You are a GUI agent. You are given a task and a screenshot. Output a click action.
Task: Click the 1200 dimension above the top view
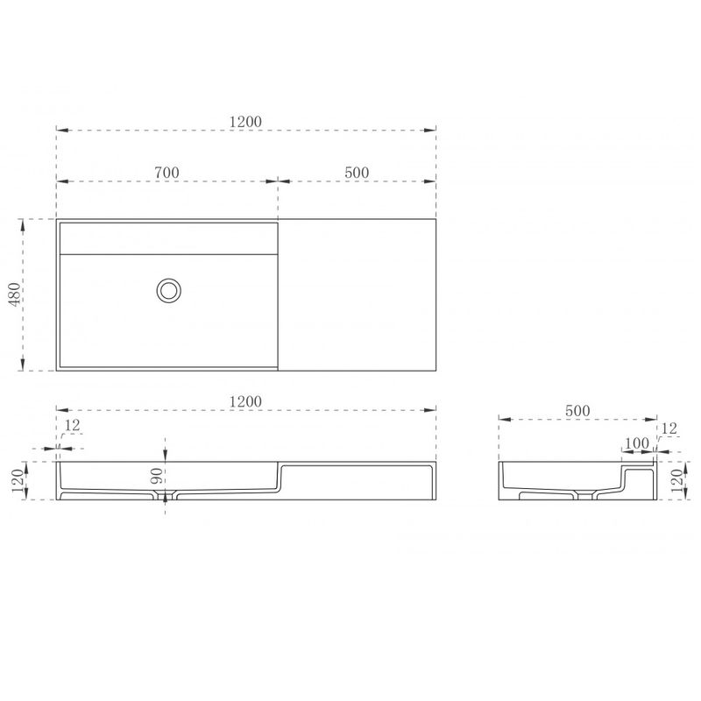(245, 122)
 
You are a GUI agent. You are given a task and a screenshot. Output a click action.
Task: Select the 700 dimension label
(166, 173)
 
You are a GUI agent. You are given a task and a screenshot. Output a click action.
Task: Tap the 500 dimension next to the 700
(357, 173)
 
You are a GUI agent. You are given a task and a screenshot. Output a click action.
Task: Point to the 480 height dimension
(15, 294)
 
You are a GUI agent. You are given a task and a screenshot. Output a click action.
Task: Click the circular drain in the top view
(168, 291)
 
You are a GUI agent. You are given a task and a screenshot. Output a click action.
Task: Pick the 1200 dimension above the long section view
(245, 401)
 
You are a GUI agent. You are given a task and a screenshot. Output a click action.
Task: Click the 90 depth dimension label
(157, 476)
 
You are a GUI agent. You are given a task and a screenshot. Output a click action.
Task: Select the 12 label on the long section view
(72, 425)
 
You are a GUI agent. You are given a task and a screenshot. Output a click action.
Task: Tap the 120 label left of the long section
(18, 480)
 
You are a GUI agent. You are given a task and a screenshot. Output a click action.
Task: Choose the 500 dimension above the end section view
(577, 411)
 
